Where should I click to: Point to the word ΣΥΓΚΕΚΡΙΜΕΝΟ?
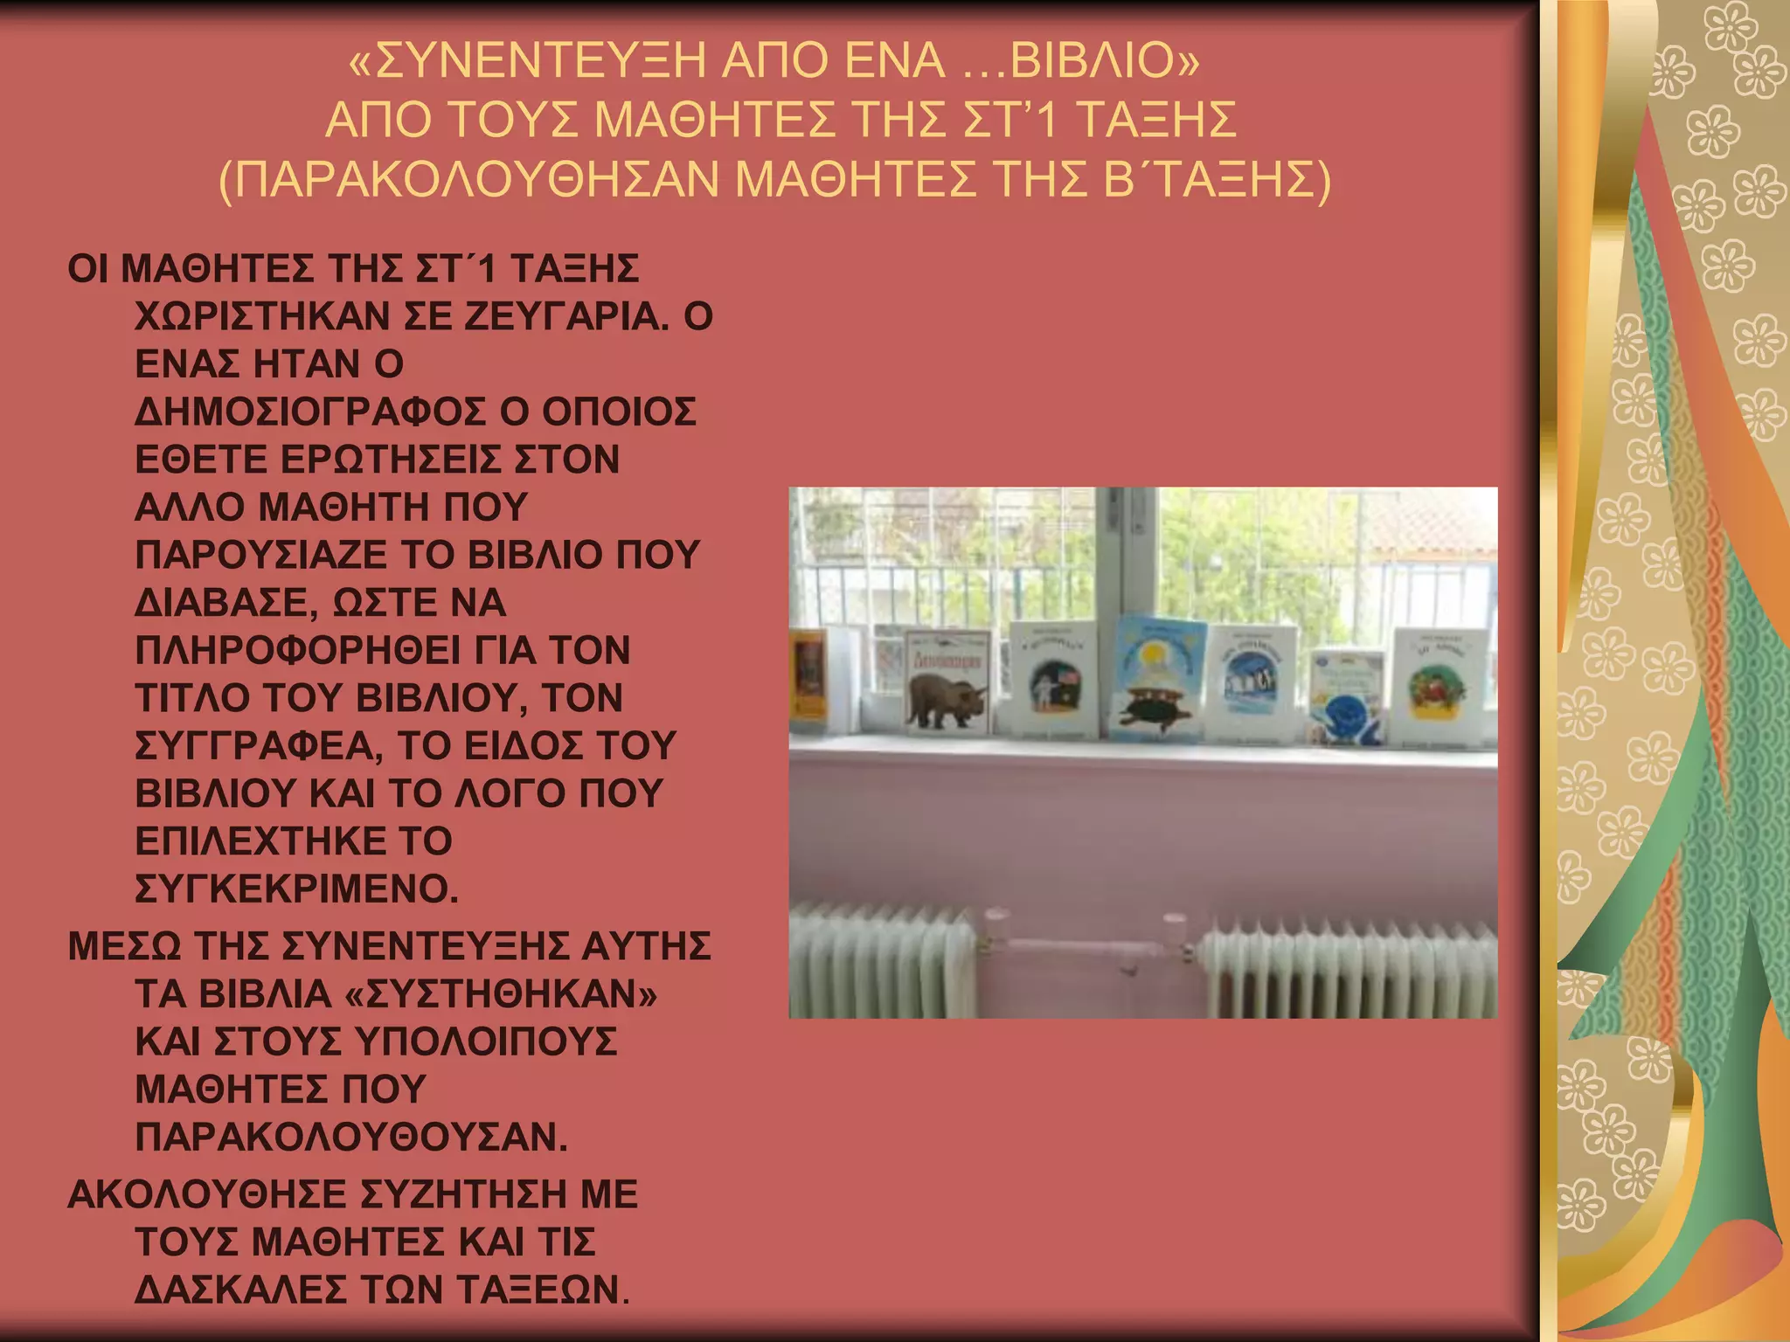pos(297,889)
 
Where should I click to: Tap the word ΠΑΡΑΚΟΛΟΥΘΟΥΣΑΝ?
pos(351,1138)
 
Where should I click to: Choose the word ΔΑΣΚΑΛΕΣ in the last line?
pos(241,1290)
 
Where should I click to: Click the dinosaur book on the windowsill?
pos(947,681)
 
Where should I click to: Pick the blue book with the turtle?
pos(1158,677)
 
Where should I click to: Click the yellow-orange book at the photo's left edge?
pos(808,678)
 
